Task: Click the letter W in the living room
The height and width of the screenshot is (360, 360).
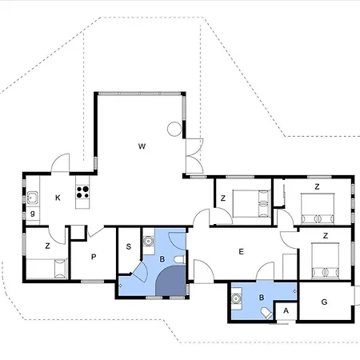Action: click(142, 146)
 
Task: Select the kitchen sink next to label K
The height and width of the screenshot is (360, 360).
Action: click(33, 198)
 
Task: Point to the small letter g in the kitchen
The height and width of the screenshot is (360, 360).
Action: click(32, 214)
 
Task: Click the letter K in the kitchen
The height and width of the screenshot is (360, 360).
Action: click(58, 198)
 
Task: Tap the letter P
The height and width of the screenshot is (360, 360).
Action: click(94, 257)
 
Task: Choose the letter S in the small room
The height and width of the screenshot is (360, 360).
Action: click(128, 247)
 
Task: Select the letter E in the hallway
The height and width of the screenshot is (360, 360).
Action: click(241, 251)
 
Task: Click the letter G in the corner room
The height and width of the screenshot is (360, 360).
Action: click(324, 302)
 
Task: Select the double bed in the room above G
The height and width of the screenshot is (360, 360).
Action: click(324, 259)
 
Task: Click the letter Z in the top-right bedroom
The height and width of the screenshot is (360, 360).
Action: click(317, 186)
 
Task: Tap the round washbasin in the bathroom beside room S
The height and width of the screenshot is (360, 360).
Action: click(148, 241)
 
